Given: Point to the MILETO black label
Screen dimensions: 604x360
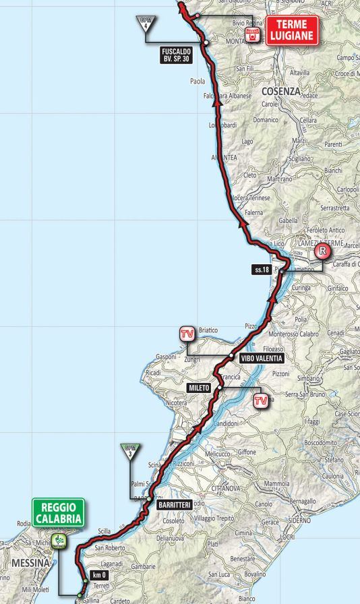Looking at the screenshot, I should [200, 388].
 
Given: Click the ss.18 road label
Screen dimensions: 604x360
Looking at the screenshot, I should [263, 270].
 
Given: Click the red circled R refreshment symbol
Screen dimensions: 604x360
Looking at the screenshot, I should [323, 252].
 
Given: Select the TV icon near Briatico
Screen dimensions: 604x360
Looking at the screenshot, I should [187, 334].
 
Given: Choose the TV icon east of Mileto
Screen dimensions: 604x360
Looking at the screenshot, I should [260, 402].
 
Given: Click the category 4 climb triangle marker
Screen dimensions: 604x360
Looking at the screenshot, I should [144, 21].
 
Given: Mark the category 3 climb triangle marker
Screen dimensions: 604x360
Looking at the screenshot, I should [130, 450].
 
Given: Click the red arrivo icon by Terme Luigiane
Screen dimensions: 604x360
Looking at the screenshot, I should [252, 35].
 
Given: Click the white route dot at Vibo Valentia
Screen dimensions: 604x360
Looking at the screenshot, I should [231, 356].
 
